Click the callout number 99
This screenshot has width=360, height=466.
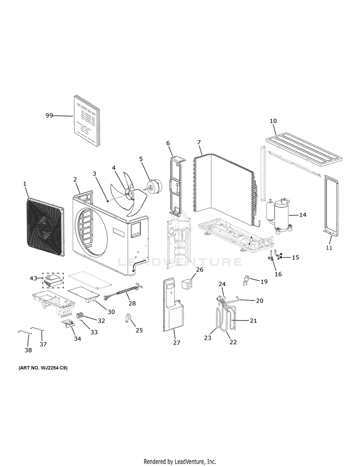coord(49,116)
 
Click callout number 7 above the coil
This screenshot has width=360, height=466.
coord(199,143)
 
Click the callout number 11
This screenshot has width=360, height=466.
coord(329,248)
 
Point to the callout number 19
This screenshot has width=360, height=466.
coord(264,282)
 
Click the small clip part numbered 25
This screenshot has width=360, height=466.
coord(128,318)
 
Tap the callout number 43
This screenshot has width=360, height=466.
coord(33,278)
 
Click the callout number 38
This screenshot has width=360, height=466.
coord(28,350)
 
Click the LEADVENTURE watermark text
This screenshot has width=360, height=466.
coord(180,262)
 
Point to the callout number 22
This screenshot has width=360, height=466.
coord(233,342)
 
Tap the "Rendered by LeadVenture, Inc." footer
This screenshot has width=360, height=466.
coord(180,462)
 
